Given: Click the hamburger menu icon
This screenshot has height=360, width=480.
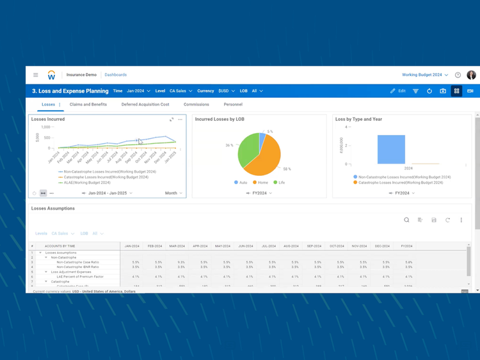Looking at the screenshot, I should tap(36, 75).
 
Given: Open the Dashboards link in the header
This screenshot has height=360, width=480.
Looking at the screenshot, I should tap(115, 75).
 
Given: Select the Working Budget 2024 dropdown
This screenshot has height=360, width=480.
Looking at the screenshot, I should tap(425, 75).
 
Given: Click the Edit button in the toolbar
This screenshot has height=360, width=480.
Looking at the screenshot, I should tap(398, 91).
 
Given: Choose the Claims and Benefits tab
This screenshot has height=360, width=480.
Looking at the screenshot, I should tap(88, 104).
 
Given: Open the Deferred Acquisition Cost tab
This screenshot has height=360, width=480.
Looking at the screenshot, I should tap(145, 104).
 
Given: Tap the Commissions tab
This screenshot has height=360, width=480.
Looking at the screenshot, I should tap(196, 104).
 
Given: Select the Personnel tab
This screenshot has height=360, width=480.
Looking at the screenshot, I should tap(233, 104).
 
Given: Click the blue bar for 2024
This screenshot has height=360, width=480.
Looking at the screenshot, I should tap(390, 150).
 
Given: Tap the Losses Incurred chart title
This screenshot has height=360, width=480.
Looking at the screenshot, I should tap(48, 119).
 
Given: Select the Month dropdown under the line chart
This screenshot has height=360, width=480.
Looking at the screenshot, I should tap(173, 192).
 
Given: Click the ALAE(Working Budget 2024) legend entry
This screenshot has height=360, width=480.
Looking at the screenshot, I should tap(84, 182).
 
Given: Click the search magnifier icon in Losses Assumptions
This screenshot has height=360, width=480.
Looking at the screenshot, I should tap(406, 220).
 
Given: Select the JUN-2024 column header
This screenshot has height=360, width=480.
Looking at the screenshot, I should tap(245, 246).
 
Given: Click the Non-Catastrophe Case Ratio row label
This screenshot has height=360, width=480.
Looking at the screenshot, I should tap(77, 262).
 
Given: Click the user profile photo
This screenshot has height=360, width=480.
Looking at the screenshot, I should tap(472, 75).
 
